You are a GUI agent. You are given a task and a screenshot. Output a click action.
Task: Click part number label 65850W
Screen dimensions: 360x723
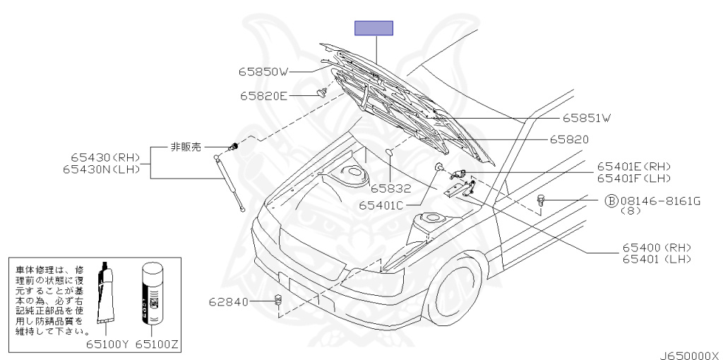263,71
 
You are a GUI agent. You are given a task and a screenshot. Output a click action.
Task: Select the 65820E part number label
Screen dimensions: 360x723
263,96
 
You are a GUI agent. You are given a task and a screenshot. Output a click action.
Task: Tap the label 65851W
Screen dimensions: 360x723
587,119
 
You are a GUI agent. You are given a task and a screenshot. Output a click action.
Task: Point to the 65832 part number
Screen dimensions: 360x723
390,188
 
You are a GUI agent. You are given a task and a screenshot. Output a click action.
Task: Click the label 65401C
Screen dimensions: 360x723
381,205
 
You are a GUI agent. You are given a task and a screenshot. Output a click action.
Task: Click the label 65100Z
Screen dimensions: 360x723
157,344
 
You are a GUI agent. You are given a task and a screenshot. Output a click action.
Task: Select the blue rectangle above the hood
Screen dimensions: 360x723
374,28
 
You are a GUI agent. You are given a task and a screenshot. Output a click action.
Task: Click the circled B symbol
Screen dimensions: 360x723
611,201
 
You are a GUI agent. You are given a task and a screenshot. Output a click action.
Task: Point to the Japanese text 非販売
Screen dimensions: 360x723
186,147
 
